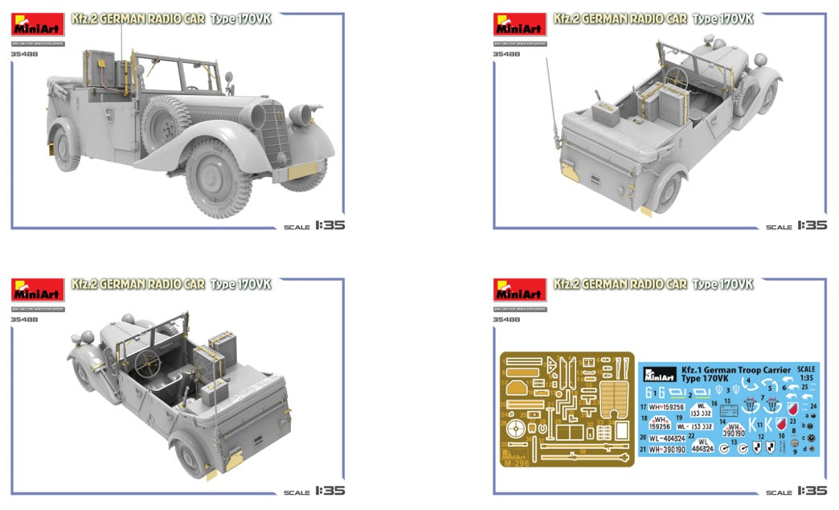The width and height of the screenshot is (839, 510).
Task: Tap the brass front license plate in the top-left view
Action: (x=302, y=171)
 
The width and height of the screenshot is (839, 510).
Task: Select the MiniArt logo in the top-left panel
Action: (x=38, y=25)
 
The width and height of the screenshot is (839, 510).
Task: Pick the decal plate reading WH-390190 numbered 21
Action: (x=668, y=450)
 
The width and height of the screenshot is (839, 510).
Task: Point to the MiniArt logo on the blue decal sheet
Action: (x=658, y=373)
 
